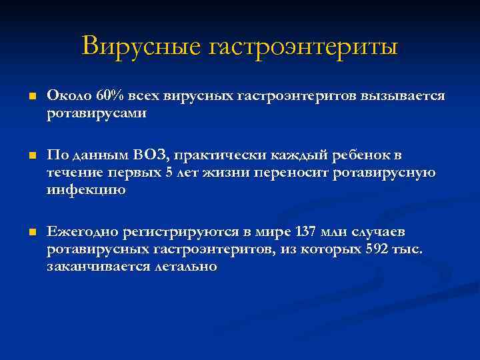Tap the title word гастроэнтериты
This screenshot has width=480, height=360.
coord(304,47)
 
